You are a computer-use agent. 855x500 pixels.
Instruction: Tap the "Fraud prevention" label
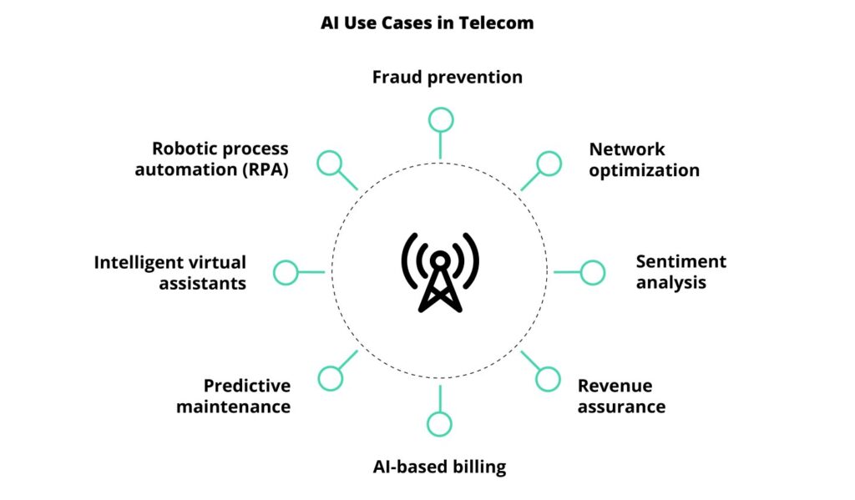[447, 78]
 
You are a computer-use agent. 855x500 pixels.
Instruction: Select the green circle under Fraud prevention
[440, 119]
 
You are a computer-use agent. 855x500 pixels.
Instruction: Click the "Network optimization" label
[644, 159]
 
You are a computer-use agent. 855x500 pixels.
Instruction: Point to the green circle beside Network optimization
[549, 164]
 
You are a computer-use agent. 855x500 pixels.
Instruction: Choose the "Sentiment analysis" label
[680, 271]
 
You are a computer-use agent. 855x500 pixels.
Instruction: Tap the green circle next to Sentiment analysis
[592, 272]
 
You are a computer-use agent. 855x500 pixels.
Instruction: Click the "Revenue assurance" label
[621, 396]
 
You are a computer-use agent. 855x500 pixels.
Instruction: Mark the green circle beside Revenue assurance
[548, 379]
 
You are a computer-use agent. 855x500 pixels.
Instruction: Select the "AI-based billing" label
[439, 467]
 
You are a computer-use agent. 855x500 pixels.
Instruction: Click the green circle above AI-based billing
[439, 424]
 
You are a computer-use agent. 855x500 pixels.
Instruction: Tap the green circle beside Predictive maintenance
[331, 378]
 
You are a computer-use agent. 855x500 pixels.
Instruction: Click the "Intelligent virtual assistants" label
[170, 272]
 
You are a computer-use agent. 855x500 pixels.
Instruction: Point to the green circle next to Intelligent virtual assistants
[286, 272]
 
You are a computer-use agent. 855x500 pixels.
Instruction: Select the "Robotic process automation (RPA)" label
[211, 159]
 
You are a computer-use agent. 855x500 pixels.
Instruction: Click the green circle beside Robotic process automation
[331, 163]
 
